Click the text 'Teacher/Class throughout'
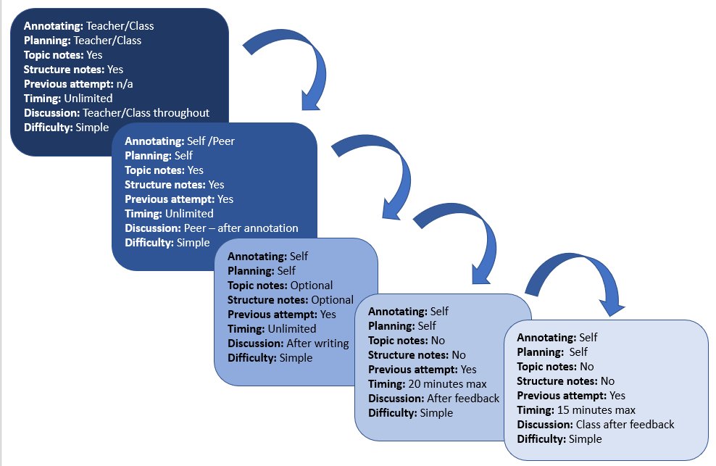pyautogui.click(x=146, y=112)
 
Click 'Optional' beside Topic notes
pyautogui.click(x=311, y=285)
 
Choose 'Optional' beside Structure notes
pyautogui.click(x=332, y=299)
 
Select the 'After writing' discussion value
pyautogui.click(x=317, y=343)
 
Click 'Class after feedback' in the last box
pyautogui.click(x=625, y=424)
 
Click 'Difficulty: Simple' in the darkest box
pyautogui.click(x=66, y=127)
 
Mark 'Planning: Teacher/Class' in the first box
pyautogui.click(x=82, y=40)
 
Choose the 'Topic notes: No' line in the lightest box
pyautogui.click(x=555, y=366)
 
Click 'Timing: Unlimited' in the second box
pyautogui.click(x=169, y=213)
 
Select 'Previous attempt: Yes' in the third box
pyautogui.click(x=282, y=314)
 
